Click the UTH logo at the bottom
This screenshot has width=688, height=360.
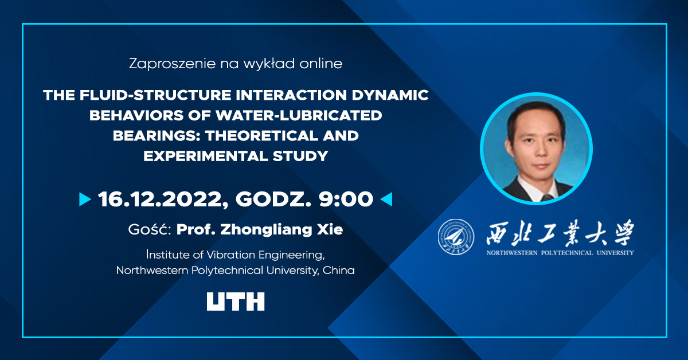[x=236, y=302]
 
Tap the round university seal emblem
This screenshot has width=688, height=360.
[x=456, y=237]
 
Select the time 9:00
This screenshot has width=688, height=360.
[x=346, y=199]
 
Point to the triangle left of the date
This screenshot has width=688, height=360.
[x=85, y=199]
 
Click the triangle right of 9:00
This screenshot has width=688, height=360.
[x=386, y=199]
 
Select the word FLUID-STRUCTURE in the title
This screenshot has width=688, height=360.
[x=155, y=95]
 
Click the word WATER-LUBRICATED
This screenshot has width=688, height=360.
[x=299, y=115]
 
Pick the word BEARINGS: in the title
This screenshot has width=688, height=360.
[x=157, y=136]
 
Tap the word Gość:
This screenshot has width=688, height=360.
[x=150, y=229]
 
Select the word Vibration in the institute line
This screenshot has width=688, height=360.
[x=230, y=255]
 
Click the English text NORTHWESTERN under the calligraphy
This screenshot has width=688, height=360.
[x=511, y=253]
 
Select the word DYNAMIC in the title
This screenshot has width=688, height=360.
[x=390, y=95]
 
